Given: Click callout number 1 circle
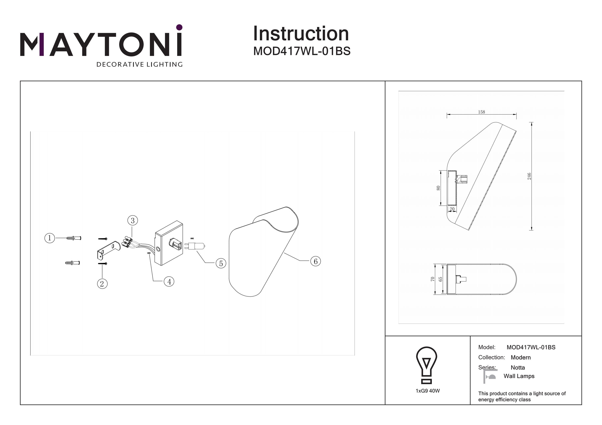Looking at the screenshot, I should (50, 238).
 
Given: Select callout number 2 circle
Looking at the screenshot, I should (102, 284).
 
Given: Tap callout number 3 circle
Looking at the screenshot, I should (133, 220).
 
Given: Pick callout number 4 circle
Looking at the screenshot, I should (169, 282).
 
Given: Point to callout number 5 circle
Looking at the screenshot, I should (221, 263).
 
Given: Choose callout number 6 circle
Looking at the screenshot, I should (315, 261).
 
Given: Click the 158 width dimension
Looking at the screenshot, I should (481, 112).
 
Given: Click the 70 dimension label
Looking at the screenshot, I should (433, 279).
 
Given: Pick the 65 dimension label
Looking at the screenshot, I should (440, 279).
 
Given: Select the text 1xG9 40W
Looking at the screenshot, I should (428, 391).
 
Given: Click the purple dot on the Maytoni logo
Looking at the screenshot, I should (179, 27).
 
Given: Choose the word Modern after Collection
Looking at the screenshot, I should (521, 357).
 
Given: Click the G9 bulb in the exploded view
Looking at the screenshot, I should (195, 246).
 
